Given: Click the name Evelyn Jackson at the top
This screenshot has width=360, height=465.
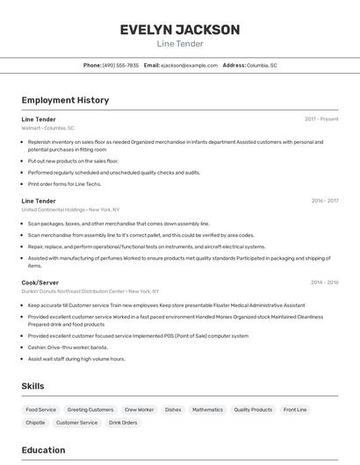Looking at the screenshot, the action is point(180,30).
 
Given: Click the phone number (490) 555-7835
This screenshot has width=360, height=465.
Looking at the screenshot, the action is point(120,65).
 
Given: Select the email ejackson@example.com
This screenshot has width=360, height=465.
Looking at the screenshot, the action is point(189,65).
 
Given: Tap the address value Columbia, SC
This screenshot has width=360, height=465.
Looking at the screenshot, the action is point(262,65).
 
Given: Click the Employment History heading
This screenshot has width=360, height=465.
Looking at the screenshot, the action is point(65,100).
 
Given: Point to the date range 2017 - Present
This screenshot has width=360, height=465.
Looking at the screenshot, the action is point(321,118).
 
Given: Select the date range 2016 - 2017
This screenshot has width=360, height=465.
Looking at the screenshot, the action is point(325,200).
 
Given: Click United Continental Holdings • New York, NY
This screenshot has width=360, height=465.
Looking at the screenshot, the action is point(70,210).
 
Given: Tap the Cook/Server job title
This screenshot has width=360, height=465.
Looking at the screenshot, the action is point(40,282).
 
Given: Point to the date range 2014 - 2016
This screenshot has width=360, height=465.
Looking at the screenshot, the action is point(325,282).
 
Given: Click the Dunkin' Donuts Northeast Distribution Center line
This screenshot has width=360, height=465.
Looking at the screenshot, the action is point(90,291).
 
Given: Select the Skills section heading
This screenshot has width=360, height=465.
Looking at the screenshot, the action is point(32,386).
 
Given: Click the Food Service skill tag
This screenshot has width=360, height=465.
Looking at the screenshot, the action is point(40,410).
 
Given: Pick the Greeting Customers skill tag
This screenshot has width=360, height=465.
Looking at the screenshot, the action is point(90,410).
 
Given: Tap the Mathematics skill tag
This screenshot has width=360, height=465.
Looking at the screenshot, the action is point(207,410).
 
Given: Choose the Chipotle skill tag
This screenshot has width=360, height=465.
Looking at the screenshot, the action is point(35,423).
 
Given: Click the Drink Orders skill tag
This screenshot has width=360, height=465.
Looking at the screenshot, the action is point(123,423).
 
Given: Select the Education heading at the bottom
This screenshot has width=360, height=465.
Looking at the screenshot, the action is point(43,450).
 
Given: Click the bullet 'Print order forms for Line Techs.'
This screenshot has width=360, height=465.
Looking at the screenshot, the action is point(64,184).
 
